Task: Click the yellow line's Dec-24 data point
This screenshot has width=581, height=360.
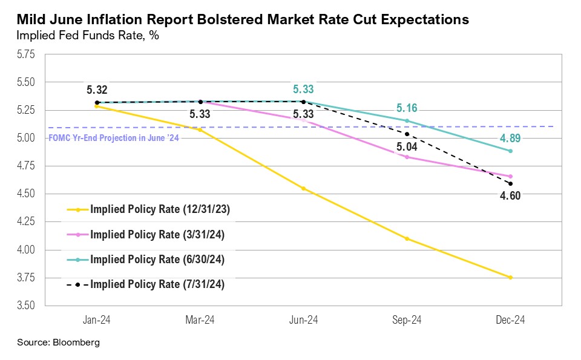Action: [511, 278]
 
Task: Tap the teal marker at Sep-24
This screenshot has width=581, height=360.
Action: [407, 120]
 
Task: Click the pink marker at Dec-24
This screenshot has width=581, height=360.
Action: [511, 176]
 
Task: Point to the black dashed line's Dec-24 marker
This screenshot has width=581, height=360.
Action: [511, 183]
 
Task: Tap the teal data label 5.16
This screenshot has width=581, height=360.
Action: [407, 108]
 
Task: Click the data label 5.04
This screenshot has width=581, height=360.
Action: [407, 146]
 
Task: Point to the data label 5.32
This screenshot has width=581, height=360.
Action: [97, 90]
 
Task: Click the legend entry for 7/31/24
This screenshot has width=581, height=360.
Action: [157, 284]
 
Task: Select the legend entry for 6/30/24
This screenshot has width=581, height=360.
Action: [157, 260]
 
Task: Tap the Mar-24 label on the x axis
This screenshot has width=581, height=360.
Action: [200, 320]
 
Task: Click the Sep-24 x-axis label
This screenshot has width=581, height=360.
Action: [407, 320]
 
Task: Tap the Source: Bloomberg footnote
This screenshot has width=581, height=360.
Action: [58, 343]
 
